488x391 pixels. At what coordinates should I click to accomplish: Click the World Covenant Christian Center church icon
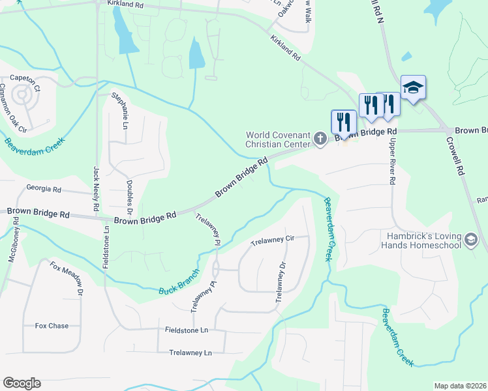[320, 138]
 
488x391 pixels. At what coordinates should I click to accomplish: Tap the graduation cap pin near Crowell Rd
[413, 87]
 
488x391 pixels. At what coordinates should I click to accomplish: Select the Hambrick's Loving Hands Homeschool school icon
[470, 240]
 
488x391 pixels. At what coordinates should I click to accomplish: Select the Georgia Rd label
[43, 189]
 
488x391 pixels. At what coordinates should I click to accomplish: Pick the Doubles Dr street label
[129, 199]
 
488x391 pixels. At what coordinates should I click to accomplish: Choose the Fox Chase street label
[52, 326]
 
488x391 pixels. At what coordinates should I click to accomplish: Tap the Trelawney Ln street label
[191, 353]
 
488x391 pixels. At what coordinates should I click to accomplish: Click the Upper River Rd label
[392, 160]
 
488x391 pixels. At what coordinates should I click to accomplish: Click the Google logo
[22, 383]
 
